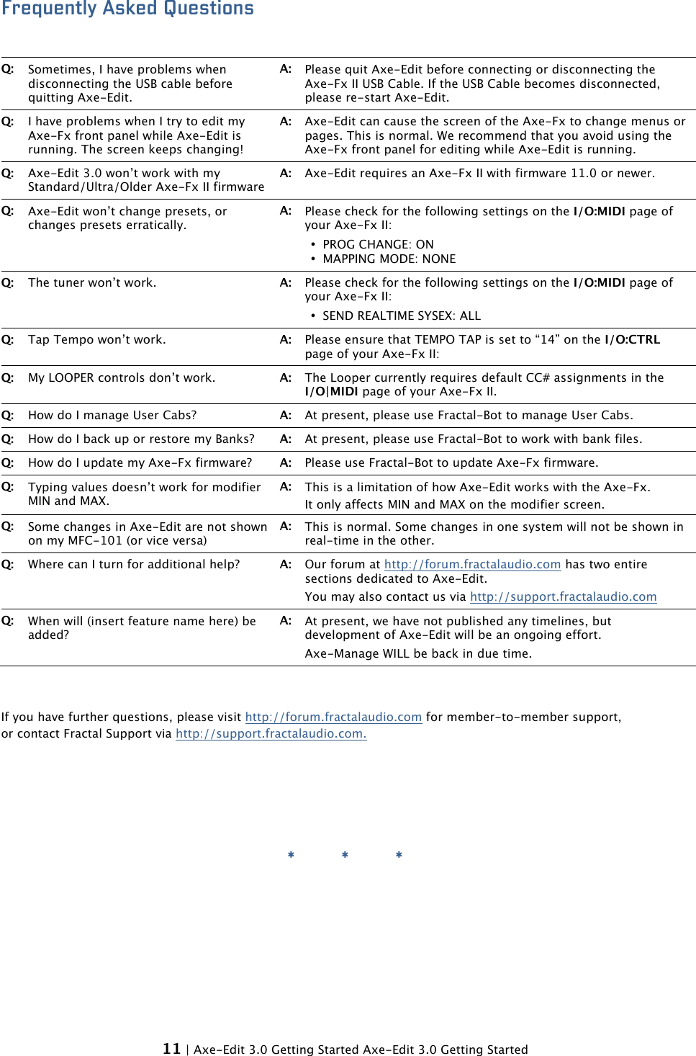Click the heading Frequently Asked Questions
coord(127,9)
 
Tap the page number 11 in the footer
coord(171,1049)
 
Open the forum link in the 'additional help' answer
coord(472,565)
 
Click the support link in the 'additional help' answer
coord(563,596)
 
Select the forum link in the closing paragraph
coord(333,717)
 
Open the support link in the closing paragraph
coord(271,733)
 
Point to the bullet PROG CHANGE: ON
coord(378,245)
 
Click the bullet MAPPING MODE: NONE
coord(389,259)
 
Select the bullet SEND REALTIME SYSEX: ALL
coord(401,316)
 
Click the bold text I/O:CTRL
coord(632,340)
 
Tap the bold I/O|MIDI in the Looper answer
coord(331,392)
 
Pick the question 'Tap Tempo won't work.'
coord(96,340)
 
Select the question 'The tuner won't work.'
coord(91,283)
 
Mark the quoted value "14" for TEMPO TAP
coord(547,340)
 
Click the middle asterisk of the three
coord(345,855)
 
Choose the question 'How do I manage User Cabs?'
coord(112,416)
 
